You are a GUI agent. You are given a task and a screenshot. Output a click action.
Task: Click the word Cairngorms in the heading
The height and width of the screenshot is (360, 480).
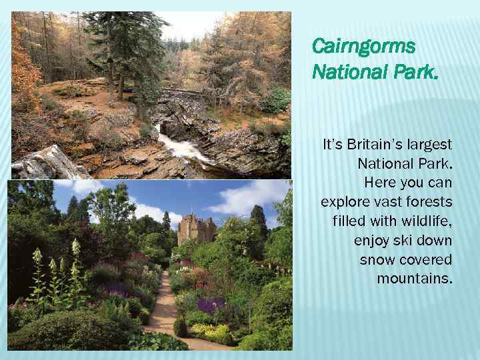[363, 47]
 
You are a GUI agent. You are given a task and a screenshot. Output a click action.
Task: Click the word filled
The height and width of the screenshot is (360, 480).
[347, 221]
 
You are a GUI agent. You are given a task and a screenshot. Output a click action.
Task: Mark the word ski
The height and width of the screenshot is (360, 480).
[408, 240]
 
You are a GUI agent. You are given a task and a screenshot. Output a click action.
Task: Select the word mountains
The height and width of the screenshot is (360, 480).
[414, 278]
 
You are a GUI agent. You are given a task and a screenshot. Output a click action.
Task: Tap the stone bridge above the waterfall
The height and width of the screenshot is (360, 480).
[180, 94]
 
